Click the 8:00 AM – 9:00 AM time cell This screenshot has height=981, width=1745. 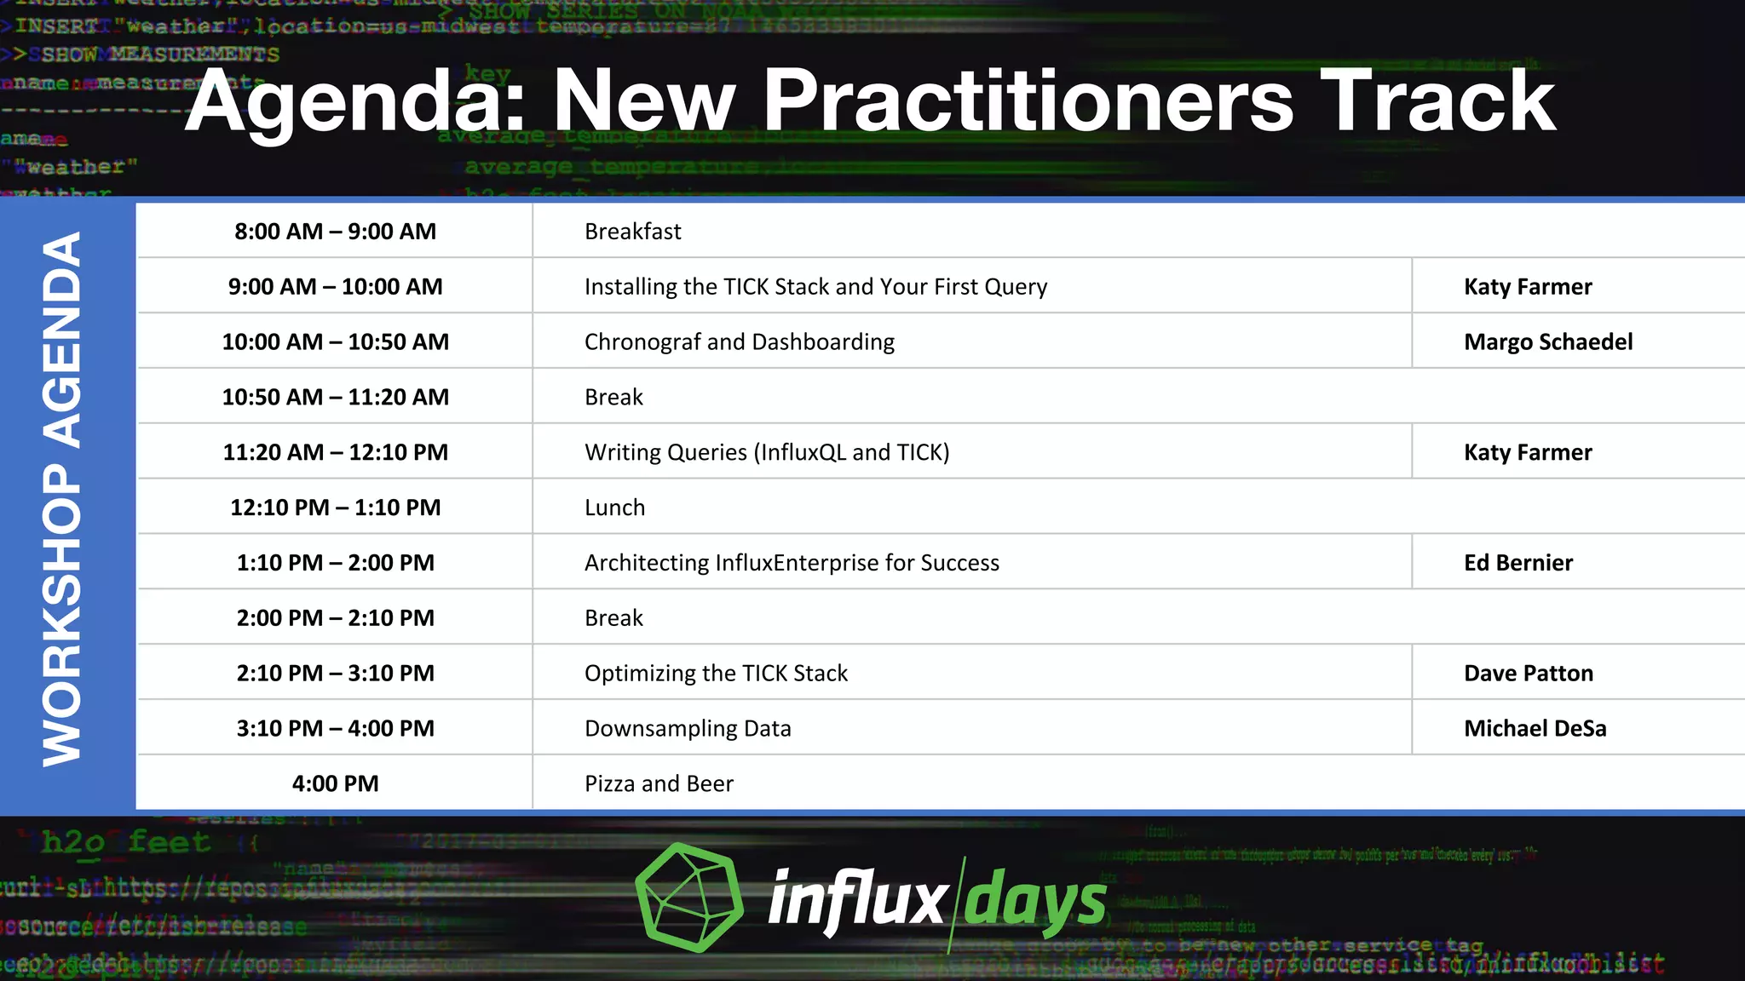pos(335,232)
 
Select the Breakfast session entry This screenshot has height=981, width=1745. pos(632,232)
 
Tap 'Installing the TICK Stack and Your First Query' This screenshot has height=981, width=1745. pos(815,287)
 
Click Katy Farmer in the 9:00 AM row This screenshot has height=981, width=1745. pos(1527,287)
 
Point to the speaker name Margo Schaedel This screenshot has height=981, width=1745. pos(1547,342)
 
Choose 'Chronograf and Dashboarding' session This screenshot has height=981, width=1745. pos(739,342)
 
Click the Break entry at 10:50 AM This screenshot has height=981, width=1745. pos(613,398)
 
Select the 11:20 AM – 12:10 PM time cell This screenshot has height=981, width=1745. pos(335,452)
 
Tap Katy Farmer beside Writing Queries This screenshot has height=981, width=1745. pos(1527,452)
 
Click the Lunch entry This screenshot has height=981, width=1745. pos(614,508)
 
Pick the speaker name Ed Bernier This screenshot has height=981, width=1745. pos(1518,563)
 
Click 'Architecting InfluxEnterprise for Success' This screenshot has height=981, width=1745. pos(792,563)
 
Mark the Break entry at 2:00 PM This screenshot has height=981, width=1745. pos(613,618)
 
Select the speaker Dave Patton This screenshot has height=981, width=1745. pos(1528,674)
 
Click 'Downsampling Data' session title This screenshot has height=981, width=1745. pos(688,729)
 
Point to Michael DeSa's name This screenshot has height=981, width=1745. pos(1535,729)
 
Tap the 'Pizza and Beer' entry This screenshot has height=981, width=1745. pos(659,783)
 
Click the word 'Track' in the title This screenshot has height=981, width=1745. pos(1437,102)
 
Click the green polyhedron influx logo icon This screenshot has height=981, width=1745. pos(688,898)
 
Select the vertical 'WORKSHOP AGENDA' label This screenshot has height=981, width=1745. pos(63,500)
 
